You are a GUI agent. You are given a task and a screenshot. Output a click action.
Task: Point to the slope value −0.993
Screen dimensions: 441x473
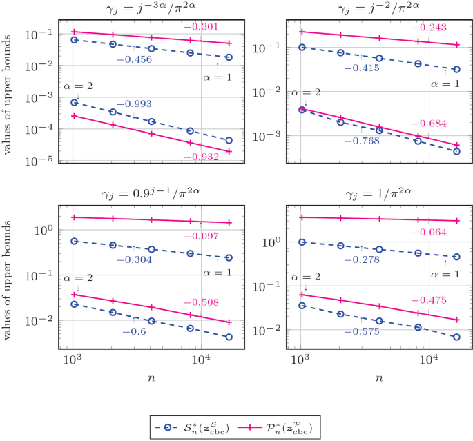(133, 104)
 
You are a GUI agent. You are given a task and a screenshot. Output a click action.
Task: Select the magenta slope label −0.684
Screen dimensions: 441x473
(429, 124)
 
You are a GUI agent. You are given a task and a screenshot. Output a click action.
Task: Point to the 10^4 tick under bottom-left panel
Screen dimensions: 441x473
(200, 359)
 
